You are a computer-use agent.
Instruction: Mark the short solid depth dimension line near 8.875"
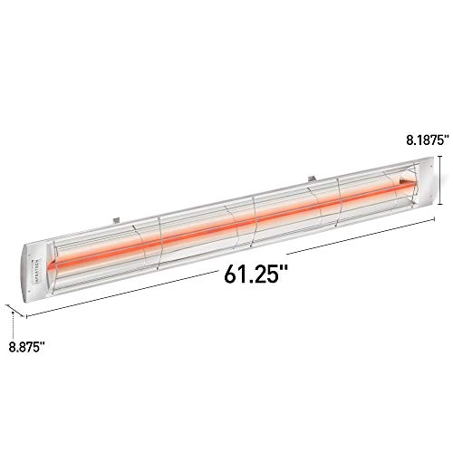point(17,313)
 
